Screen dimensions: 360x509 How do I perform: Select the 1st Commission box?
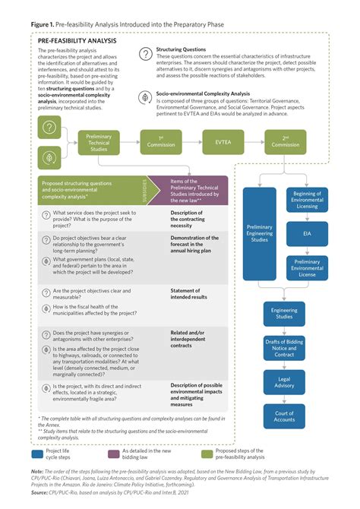(x=155, y=141)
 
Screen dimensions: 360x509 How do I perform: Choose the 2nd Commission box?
(x=285, y=141)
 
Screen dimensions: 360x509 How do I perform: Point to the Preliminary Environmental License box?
(x=306, y=268)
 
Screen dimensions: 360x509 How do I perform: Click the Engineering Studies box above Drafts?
(x=285, y=313)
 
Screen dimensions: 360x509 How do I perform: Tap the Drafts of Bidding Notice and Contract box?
(x=285, y=348)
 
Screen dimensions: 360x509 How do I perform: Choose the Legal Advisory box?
(x=285, y=383)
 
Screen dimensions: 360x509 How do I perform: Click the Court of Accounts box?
(x=285, y=417)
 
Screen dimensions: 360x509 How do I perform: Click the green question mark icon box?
(x=49, y=126)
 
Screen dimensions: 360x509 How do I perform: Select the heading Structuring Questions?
(x=182, y=49)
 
